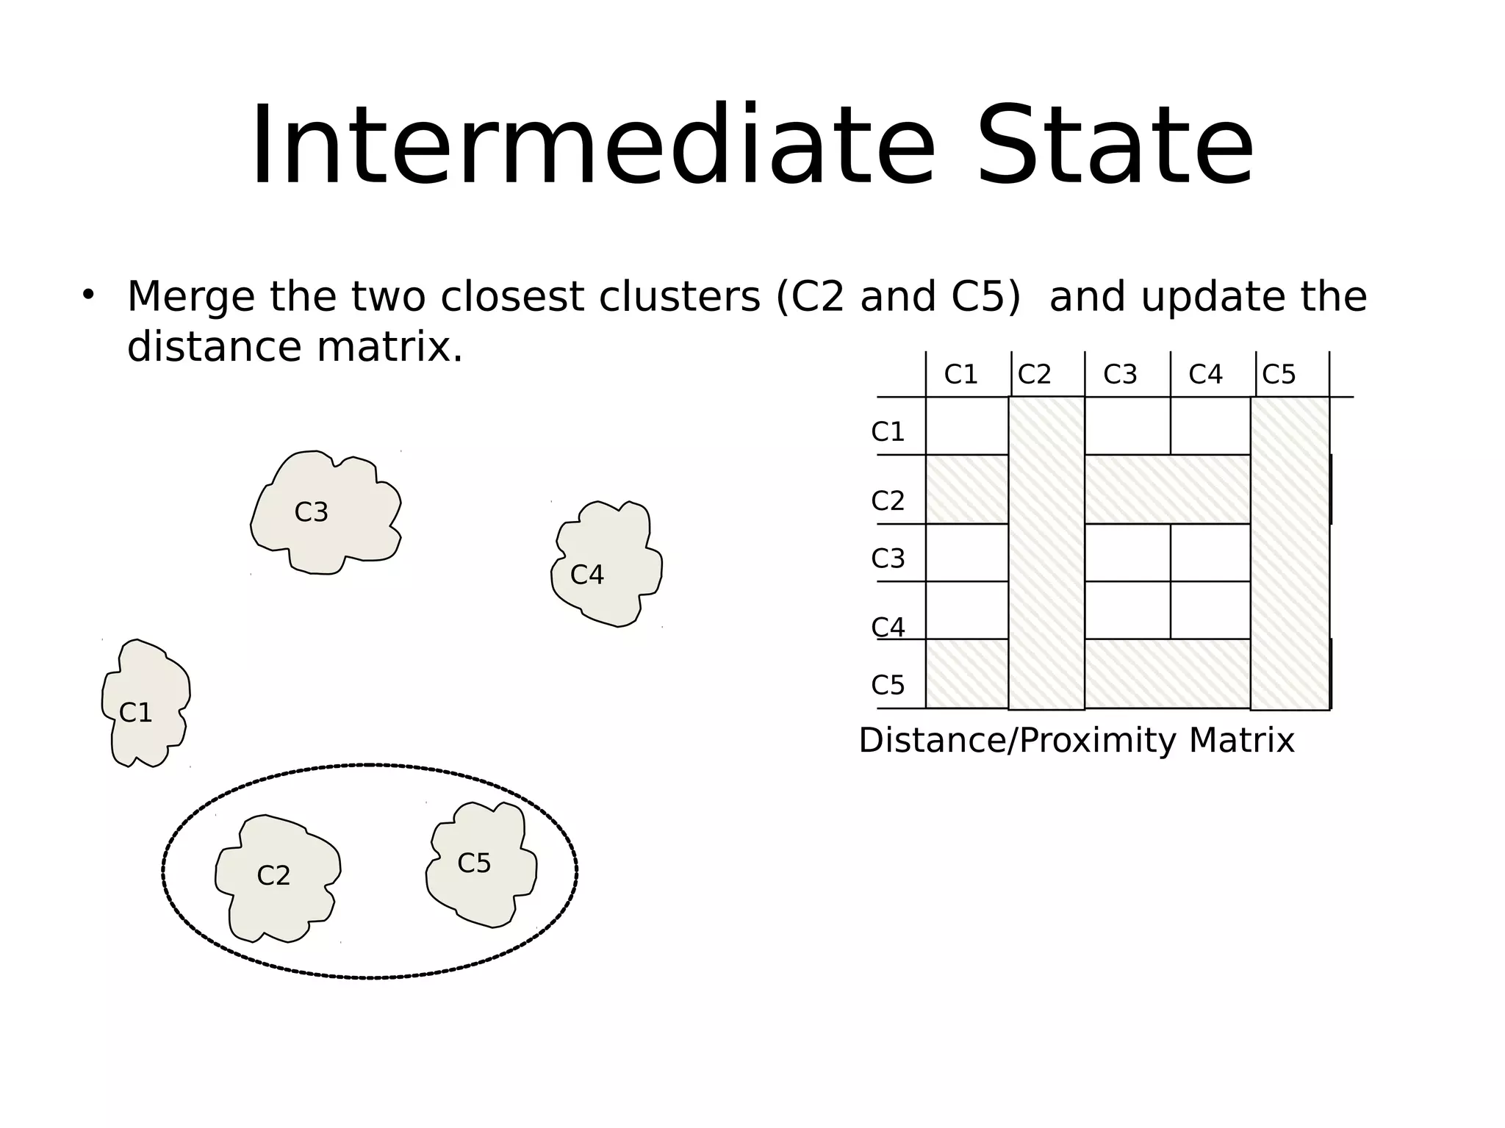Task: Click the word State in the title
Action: pyautogui.click(x=1114, y=147)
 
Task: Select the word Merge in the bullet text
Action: pyautogui.click(x=193, y=297)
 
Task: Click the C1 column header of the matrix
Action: pyautogui.click(x=960, y=375)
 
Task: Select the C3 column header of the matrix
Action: pyautogui.click(x=1120, y=375)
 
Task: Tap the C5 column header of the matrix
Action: pyautogui.click(x=1279, y=375)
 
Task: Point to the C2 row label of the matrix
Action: pyautogui.click(x=888, y=501)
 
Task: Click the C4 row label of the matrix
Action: pyautogui.click(x=888, y=627)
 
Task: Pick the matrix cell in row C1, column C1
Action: pyautogui.click(x=966, y=426)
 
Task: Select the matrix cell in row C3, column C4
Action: pyautogui.click(x=1210, y=553)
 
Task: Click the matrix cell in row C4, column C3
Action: pyautogui.click(x=1127, y=610)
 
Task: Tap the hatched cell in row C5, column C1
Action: pyautogui.click(x=966, y=674)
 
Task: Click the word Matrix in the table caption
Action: pyautogui.click(x=1241, y=740)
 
